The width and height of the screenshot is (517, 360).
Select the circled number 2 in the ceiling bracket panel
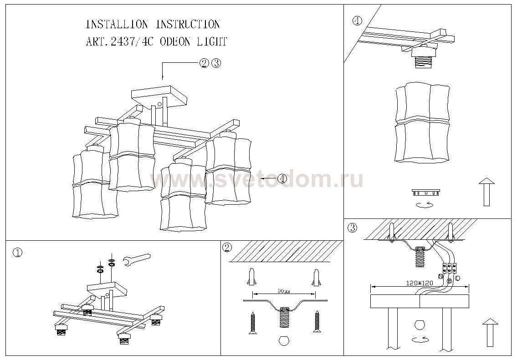227,248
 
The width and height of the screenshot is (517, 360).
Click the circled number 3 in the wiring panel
352,227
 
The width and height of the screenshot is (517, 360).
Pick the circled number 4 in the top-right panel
357,21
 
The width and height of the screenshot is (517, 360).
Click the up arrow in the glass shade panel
486,191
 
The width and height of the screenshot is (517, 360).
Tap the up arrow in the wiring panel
490,332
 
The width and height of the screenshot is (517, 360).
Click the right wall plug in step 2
315,276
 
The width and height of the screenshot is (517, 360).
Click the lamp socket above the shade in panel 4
423,57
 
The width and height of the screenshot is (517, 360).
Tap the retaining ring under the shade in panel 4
426,192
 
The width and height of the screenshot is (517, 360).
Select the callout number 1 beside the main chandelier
282,179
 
